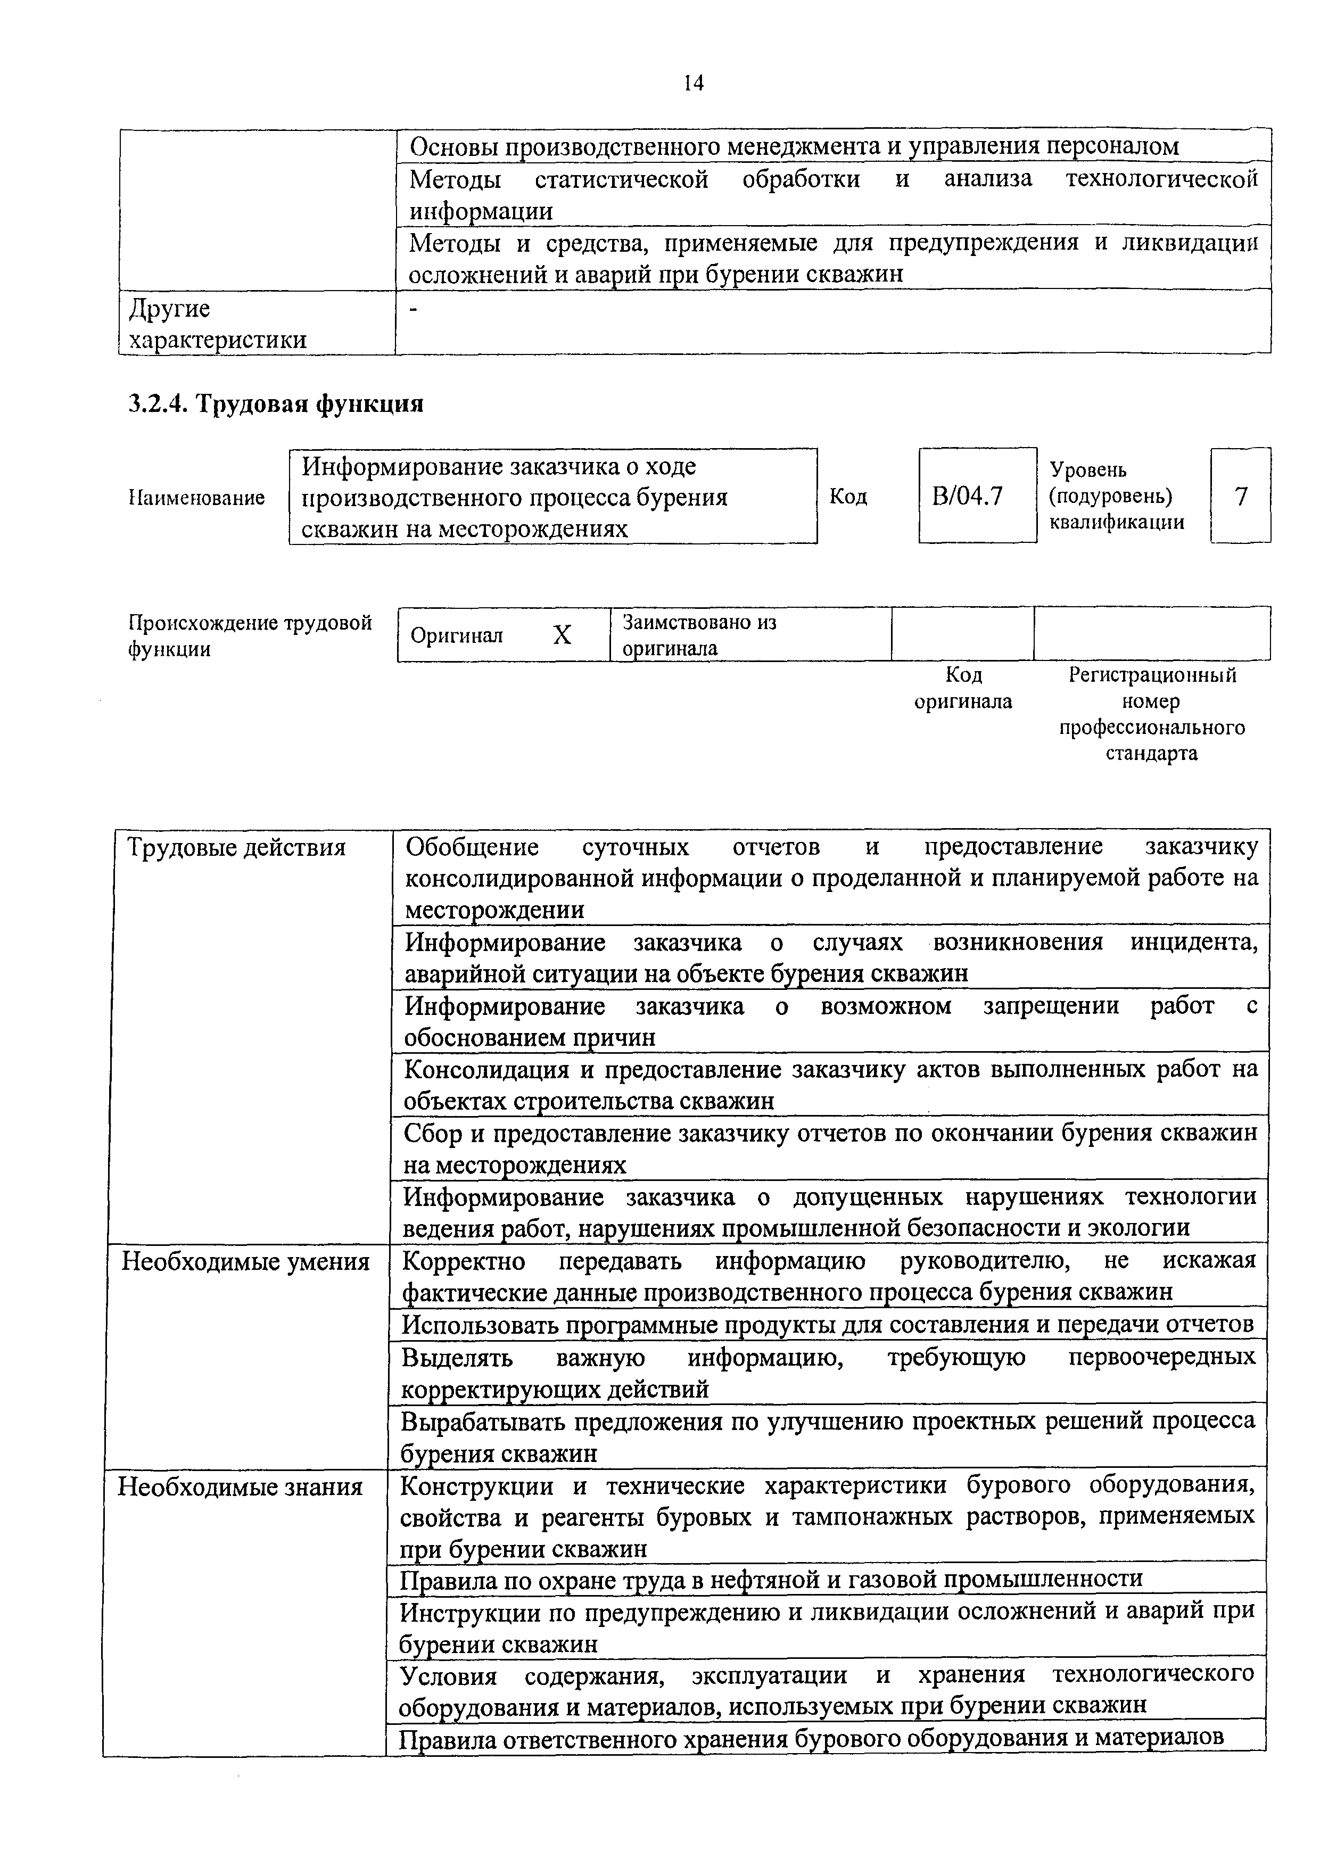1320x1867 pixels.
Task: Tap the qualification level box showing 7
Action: coord(1240,495)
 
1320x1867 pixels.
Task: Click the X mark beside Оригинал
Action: coord(562,635)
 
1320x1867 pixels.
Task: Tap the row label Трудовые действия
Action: coord(237,848)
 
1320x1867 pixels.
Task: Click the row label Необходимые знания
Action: coord(240,1487)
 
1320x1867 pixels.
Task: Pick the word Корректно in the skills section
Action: coord(464,1261)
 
